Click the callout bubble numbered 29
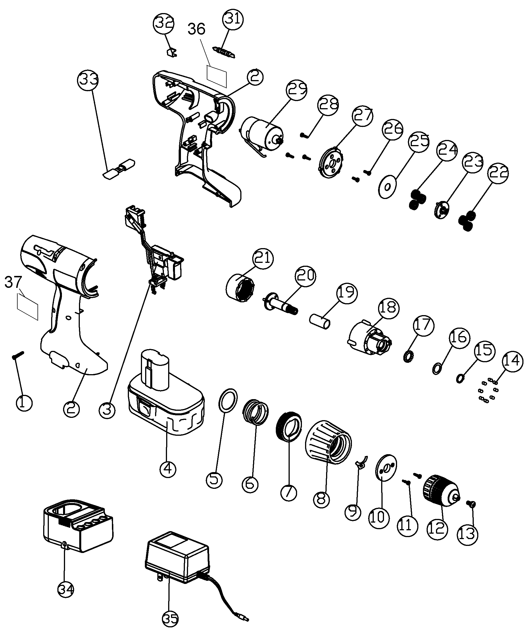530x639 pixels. click(296, 89)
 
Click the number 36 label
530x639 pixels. click(196, 29)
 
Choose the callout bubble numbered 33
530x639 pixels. click(88, 80)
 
